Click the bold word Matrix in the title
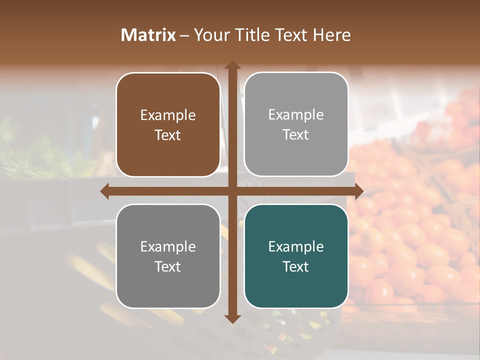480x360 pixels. coord(148,35)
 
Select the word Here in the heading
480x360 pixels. coord(331,35)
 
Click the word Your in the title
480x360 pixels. coord(210,35)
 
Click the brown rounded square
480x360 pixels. coord(168,125)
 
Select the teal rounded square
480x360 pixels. coord(296,256)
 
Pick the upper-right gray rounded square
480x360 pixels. coord(296,124)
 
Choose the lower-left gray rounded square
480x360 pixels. coord(168,256)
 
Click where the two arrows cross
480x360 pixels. coord(232,191)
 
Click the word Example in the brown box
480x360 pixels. coord(168,115)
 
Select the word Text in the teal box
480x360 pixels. coord(296,266)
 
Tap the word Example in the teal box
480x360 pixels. coord(296,246)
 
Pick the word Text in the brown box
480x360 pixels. coord(168,135)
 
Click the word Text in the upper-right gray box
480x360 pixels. coord(296,135)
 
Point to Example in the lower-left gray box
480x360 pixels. coord(168,246)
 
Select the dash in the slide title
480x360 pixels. coord(184,35)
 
